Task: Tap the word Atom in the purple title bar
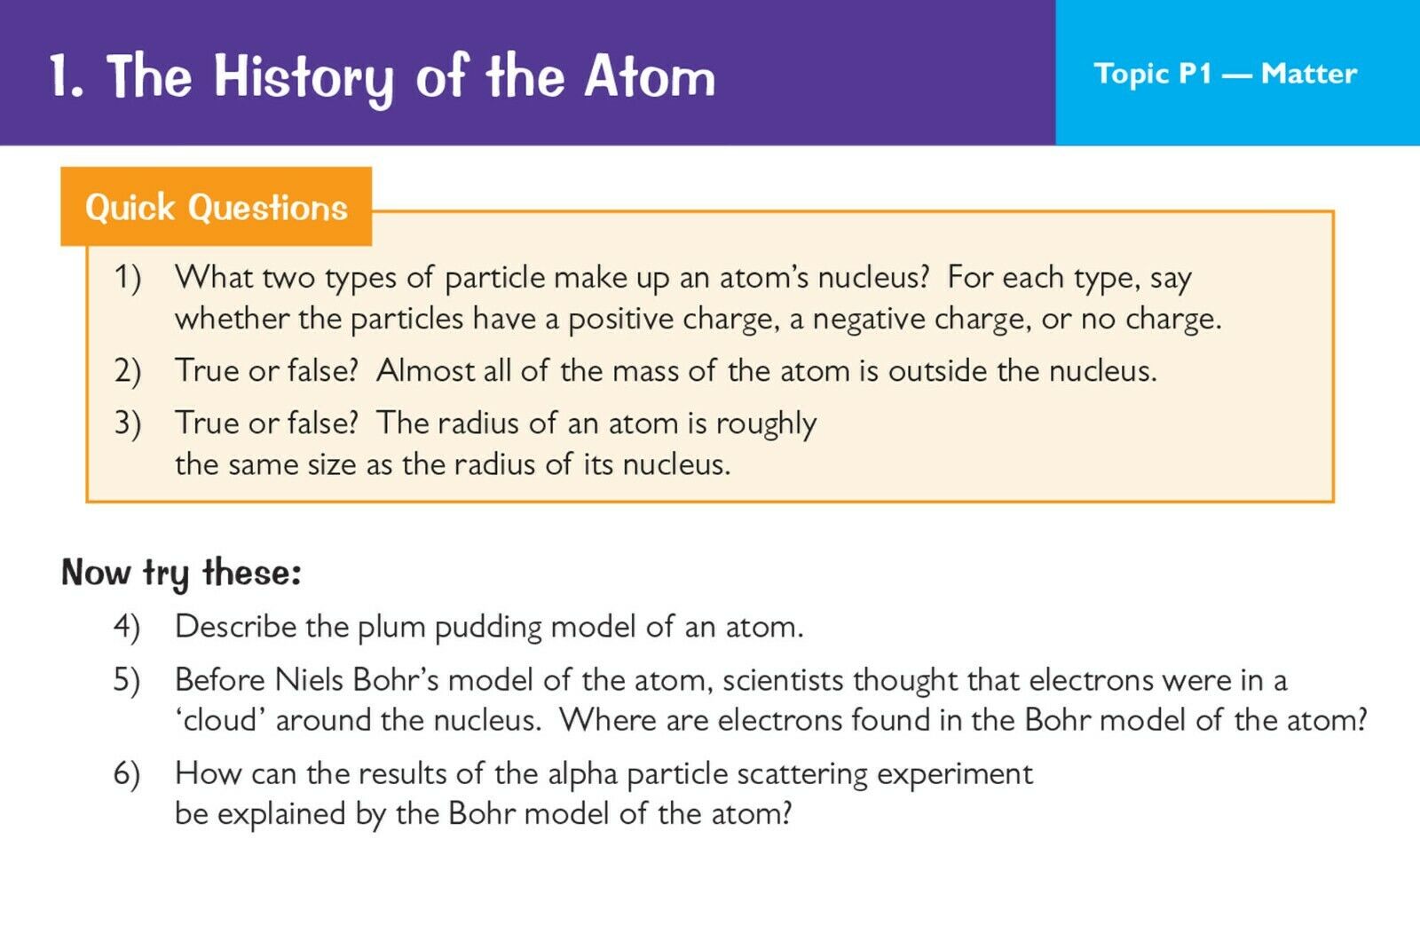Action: pos(650,76)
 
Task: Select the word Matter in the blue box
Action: pos(1309,74)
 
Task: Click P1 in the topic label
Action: pos(1195,74)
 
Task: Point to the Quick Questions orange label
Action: pos(217,207)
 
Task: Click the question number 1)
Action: pos(128,278)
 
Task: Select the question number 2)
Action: pos(128,371)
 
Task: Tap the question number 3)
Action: pos(128,423)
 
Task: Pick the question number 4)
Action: pos(127,627)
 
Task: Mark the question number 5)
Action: pos(127,680)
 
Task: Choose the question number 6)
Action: pos(127,773)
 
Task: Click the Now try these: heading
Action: pos(181,573)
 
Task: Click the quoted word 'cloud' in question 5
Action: pos(221,720)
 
